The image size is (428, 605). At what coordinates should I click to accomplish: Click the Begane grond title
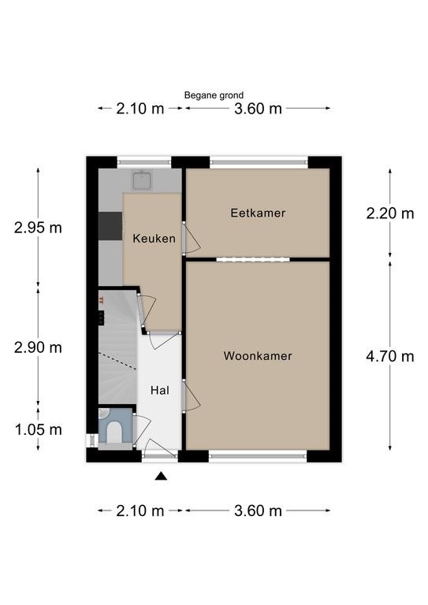point(214,95)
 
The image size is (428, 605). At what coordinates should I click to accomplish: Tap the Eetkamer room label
point(258,213)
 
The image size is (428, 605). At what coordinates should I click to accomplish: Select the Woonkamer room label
point(258,356)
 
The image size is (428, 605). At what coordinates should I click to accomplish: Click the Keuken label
point(154,239)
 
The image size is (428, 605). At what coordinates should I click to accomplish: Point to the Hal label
point(160,391)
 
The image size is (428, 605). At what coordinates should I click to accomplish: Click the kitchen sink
point(143,180)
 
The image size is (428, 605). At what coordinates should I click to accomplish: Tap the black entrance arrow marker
point(161,476)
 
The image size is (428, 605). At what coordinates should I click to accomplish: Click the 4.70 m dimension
point(390,356)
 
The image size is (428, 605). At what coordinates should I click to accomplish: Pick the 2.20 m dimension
point(390,213)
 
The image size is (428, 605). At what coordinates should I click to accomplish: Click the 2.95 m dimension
point(38,228)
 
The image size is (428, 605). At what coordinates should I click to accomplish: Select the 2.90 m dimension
point(38,347)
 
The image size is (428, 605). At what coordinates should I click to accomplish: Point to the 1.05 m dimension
point(38,429)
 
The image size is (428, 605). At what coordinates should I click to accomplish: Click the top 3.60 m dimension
point(258,109)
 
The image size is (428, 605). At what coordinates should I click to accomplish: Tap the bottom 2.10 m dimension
point(140,511)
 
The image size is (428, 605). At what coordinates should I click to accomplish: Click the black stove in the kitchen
point(110,226)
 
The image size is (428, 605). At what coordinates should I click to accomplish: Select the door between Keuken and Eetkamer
point(192,238)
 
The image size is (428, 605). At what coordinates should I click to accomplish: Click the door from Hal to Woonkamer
point(191,396)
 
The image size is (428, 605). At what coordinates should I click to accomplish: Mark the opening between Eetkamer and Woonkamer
point(253,260)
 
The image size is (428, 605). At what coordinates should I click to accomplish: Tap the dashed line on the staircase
point(117,361)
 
